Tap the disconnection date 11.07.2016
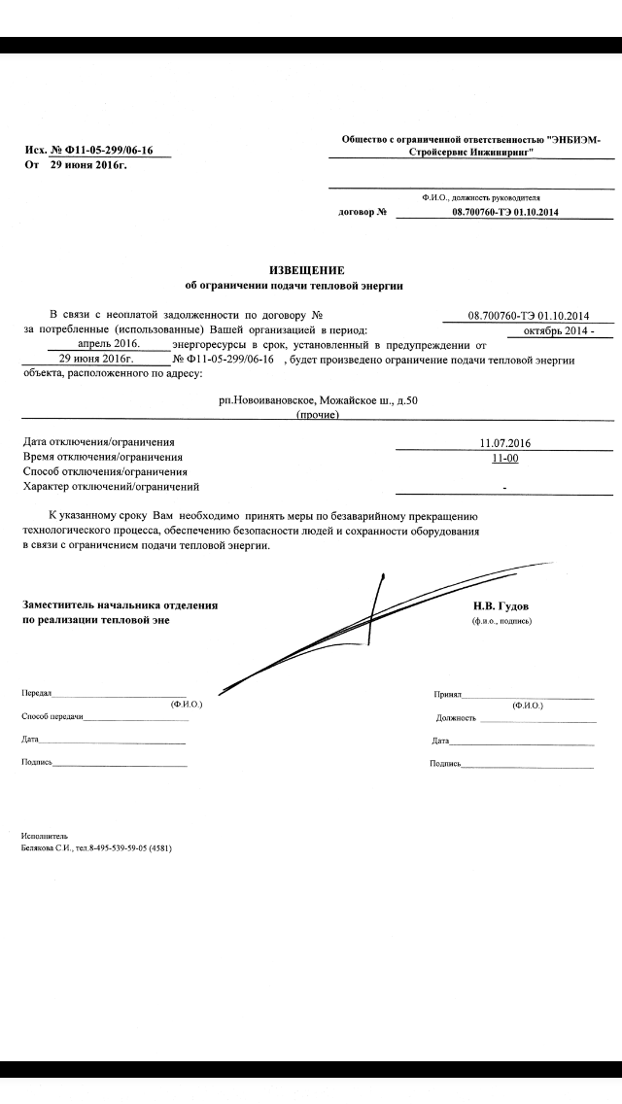point(504,443)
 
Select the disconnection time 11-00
point(504,458)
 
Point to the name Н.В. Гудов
point(501,604)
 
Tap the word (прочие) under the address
point(318,415)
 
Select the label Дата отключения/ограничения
point(99,443)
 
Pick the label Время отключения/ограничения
point(102,457)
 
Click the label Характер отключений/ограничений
point(111,486)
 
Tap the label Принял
point(447,695)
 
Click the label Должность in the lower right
point(456,718)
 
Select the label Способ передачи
point(52,716)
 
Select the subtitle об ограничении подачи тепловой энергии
point(306,286)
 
